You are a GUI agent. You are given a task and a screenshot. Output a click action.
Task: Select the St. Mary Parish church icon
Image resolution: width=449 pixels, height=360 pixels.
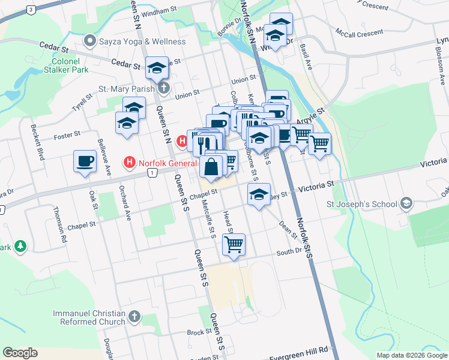coord(163,89)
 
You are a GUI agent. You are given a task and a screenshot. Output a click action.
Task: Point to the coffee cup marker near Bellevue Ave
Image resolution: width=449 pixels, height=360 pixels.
coord(85,161)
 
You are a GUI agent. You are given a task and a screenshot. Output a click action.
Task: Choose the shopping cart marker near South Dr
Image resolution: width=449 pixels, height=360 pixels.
coord(233,244)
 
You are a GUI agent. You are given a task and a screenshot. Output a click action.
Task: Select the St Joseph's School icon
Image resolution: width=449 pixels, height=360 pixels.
coord(408,203)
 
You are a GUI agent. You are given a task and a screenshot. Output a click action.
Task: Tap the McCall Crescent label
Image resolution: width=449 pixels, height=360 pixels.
coord(359,34)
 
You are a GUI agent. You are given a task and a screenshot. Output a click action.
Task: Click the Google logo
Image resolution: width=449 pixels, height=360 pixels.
coord(20,353)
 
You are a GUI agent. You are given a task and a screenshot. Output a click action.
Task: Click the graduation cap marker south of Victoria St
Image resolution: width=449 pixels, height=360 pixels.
coord(259,195)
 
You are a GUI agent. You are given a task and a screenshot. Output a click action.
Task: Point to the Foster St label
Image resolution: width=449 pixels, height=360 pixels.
coord(67,136)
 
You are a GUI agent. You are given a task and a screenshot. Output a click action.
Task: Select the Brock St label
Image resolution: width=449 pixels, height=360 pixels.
coord(196,332)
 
